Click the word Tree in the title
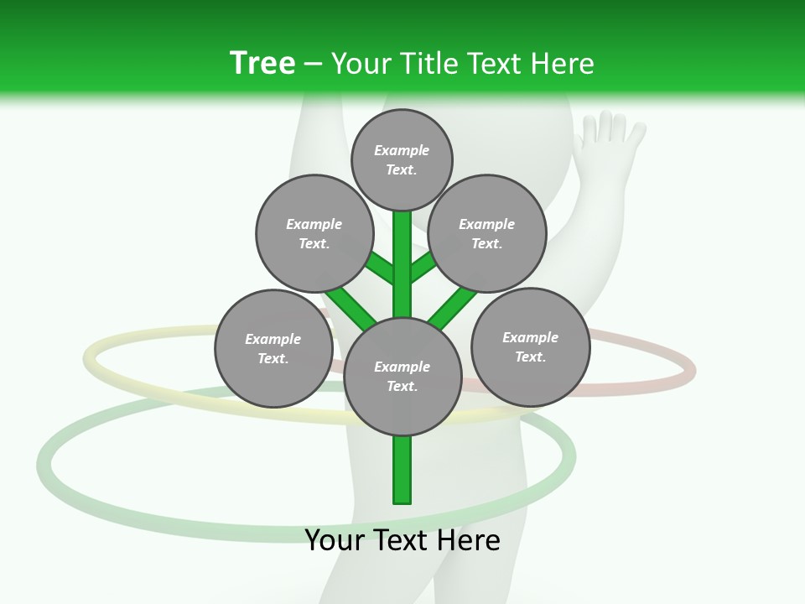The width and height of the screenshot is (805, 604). [x=262, y=63]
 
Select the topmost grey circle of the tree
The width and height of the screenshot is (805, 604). [x=402, y=159]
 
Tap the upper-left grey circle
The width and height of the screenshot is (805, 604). [x=314, y=233]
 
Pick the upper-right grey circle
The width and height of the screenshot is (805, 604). [x=487, y=233]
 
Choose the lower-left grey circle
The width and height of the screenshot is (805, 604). [x=273, y=348]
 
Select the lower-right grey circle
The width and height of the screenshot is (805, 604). [x=530, y=346]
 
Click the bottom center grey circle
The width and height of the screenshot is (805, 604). [x=402, y=377]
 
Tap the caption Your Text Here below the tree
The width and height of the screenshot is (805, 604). [x=402, y=540]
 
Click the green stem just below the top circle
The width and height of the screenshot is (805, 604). [x=402, y=231]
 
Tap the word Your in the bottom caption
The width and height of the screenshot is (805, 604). [x=334, y=540]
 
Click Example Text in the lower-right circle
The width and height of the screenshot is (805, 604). [x=530, y=346]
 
